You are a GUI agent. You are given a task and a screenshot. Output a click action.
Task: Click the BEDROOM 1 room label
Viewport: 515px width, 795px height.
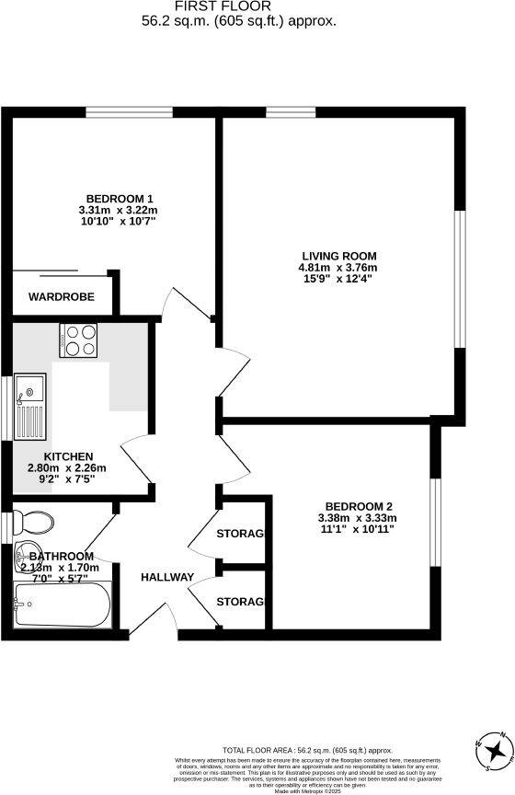tap(120, 199)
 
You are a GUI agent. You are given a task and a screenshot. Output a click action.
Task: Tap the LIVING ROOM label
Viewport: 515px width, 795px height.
tap(339, 256)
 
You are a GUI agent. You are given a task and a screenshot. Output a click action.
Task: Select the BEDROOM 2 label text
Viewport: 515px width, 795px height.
tap(359, 505)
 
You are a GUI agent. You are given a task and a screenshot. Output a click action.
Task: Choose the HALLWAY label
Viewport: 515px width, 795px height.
tap(166, 578)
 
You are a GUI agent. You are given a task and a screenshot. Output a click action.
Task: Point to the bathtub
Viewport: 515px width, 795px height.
tap(62, 606)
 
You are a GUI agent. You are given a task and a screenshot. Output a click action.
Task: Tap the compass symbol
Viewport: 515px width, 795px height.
tap(495, 753)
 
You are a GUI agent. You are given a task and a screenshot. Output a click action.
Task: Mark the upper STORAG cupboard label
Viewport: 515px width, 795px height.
tap(240, 535)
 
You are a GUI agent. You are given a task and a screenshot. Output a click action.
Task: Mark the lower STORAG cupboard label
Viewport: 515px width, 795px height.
tap(240, 602)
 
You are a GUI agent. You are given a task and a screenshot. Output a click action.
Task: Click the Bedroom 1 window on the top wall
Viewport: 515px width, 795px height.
tap(129, 112)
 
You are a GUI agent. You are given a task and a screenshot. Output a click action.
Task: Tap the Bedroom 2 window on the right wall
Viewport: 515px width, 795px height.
tap(436, 520)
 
